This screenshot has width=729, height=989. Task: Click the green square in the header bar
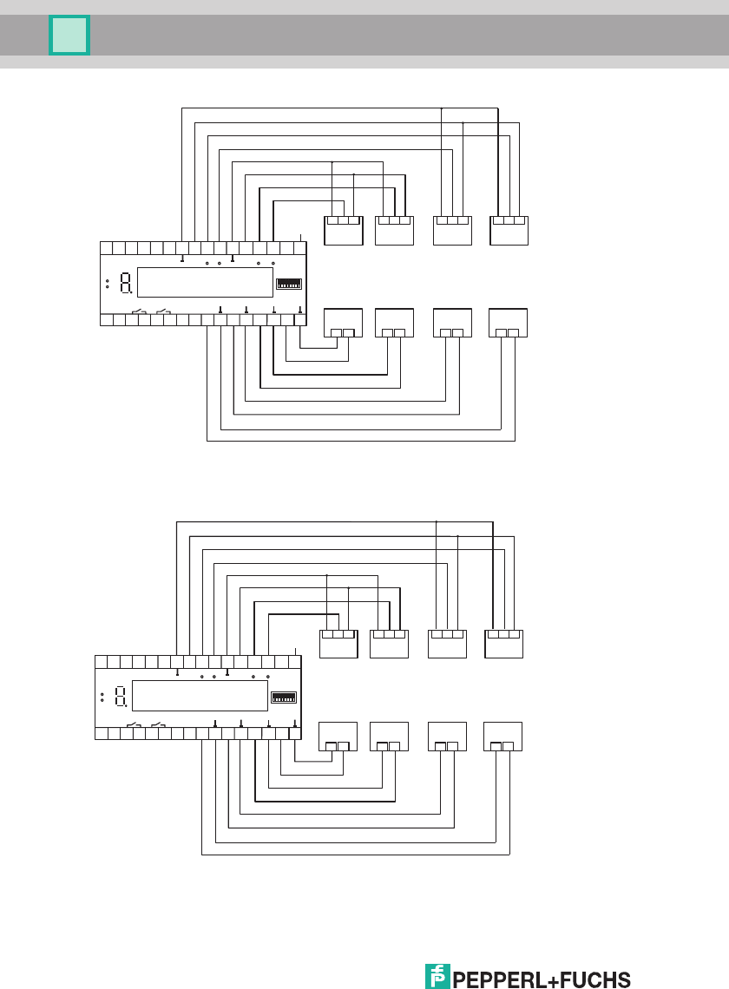point(69,36)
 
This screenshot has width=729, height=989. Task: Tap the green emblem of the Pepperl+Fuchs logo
point(438,976)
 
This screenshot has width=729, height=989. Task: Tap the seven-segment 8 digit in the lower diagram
point(121,696)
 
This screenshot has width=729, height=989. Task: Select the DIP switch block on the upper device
point(288,283)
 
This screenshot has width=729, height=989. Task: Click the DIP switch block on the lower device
point(283,697)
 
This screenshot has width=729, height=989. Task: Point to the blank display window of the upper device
point(206,282)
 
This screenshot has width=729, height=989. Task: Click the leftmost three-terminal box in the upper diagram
point(343,230)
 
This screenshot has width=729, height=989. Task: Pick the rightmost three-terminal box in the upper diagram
point(509,230)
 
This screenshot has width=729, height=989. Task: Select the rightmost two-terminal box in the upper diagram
point(509,323)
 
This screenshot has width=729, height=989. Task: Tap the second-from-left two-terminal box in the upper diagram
point(394,323)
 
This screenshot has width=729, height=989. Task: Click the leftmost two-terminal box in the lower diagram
point(338,737)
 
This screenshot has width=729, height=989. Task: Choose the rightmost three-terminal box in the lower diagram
point(503,644)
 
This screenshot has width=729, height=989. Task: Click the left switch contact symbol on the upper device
point(139,311)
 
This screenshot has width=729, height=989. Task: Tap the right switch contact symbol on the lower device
point(158,724)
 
